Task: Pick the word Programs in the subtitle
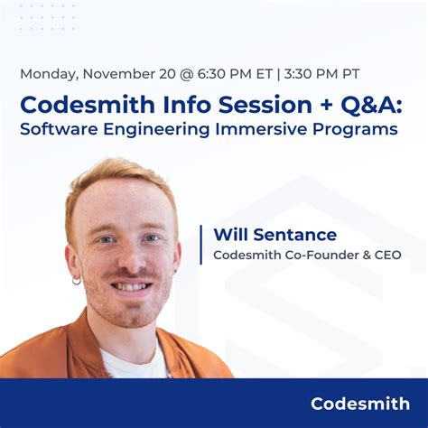(358, 129)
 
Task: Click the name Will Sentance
(274, 235)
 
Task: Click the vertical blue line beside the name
(200, 245)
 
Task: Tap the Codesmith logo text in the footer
(359, 404)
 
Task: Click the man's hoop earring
(77, 280)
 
